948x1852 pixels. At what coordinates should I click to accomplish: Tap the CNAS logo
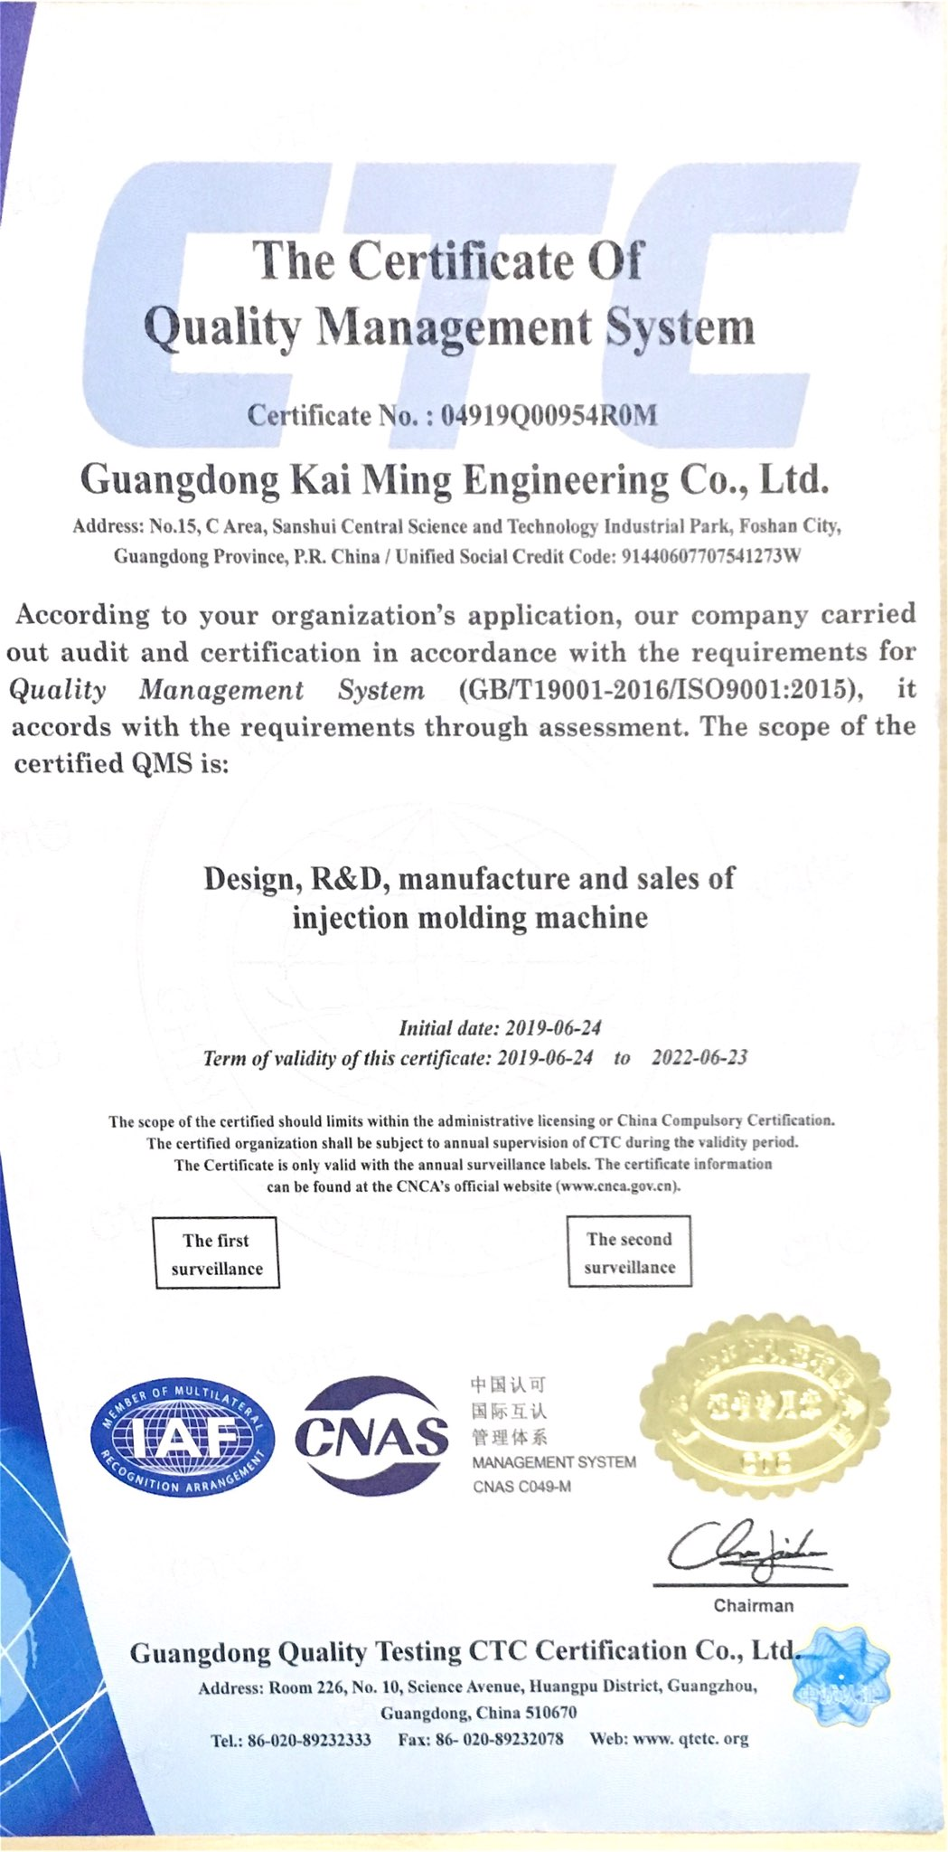[x=371, y=1435]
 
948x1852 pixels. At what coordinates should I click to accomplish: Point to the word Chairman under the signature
[x=753, y=1606]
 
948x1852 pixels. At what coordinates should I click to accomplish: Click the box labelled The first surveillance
[x=217, y=1253]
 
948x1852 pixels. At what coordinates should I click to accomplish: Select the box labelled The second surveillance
[x=629, y=1252]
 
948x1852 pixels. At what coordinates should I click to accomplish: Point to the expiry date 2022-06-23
[x=699, y=1057]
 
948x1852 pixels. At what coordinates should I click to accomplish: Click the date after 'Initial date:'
[x=553, y=1027]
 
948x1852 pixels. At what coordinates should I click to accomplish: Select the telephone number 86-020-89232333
[x=309, y=1739]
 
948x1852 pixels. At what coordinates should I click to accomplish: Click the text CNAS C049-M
[x=521, y=1487]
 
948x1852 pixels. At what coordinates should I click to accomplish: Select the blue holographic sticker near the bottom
[x=841, y=1670]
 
